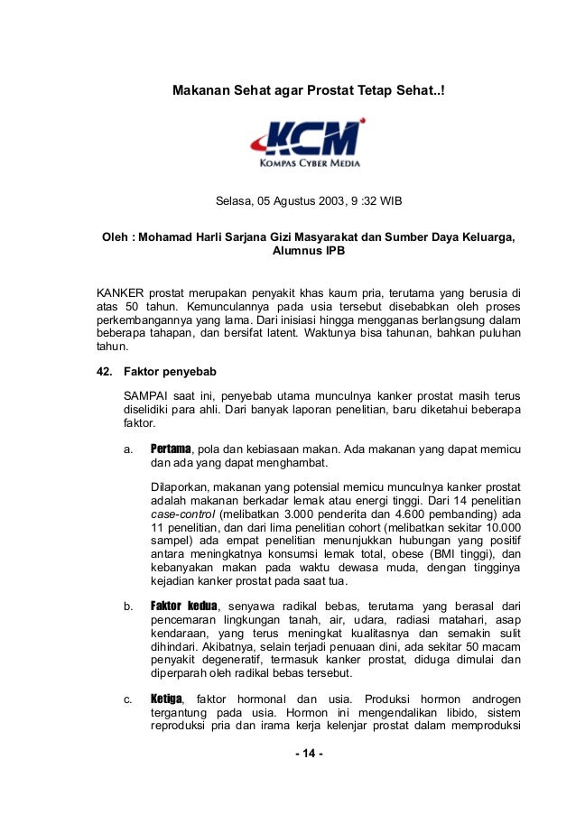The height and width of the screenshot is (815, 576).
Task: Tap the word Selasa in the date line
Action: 234,200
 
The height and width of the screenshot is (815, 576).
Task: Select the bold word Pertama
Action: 171,449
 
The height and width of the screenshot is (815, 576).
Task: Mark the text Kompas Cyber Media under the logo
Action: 309,163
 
